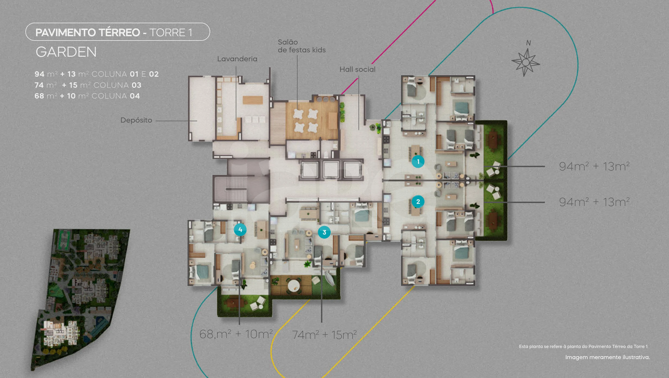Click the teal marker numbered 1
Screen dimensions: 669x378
click(418, 161)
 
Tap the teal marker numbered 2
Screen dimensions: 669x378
click(418, 201)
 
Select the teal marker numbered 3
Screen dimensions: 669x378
click(324, 232)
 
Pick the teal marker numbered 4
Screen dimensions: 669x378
click(240, 230)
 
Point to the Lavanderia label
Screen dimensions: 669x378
click(237, 59)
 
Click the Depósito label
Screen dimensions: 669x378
click(136, 120)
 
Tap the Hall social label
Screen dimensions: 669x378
click(357, 69)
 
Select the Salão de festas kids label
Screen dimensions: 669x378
click(302, 46)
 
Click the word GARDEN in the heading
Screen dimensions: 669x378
click(66, 52)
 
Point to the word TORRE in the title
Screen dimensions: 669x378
click(167, 33)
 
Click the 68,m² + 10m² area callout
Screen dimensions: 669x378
click(236, 334)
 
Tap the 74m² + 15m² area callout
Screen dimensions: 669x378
click(324, 335)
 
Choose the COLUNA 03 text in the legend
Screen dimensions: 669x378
click(117, 85)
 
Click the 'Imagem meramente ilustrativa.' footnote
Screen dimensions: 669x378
click(607, 357)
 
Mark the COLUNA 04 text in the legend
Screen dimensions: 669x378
click(116, 96)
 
